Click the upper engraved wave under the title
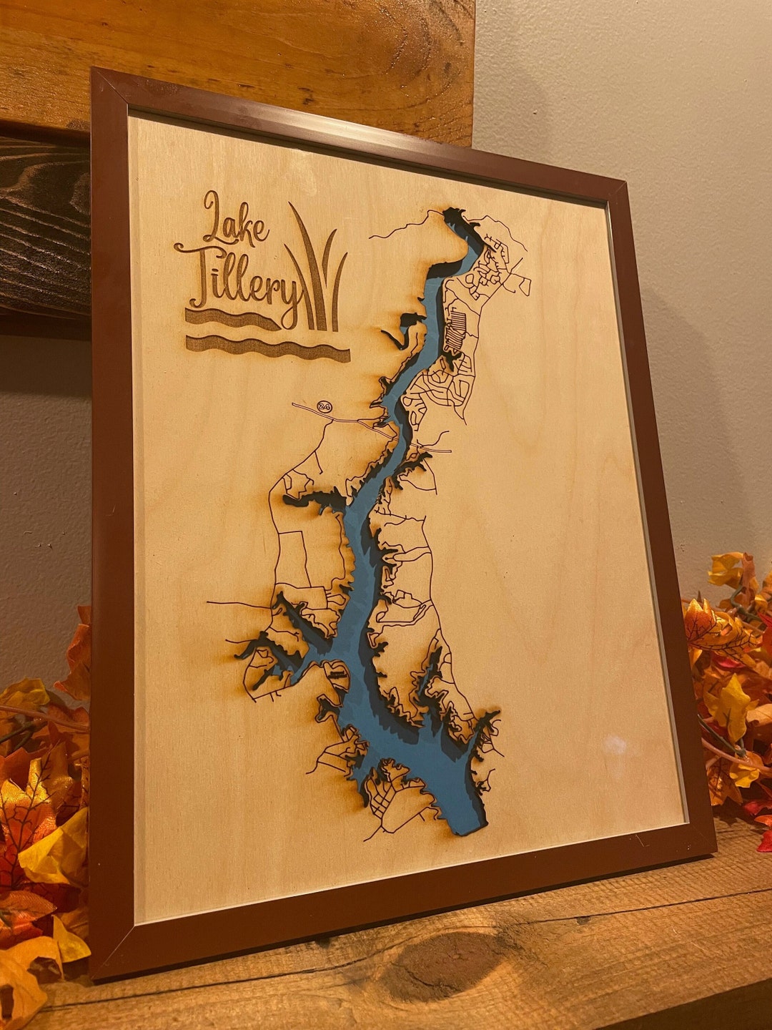point(232,319)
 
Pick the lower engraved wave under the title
point(268,348)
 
